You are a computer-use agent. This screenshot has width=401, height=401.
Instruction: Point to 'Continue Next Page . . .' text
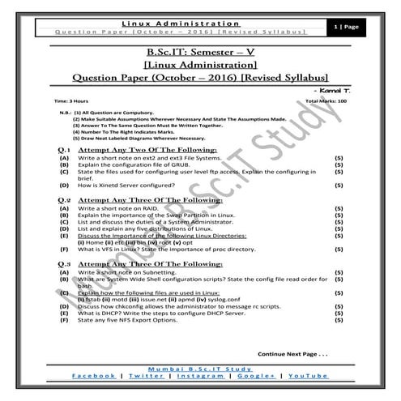pos(292,355)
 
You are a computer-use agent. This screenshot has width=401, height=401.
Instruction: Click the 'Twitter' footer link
pos(145,376)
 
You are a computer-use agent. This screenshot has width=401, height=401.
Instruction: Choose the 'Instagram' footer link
pos(197,376)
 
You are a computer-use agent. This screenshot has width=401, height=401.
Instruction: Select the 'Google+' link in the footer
pos(254,376)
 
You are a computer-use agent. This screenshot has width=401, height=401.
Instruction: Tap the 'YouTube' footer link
pos(307,376)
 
